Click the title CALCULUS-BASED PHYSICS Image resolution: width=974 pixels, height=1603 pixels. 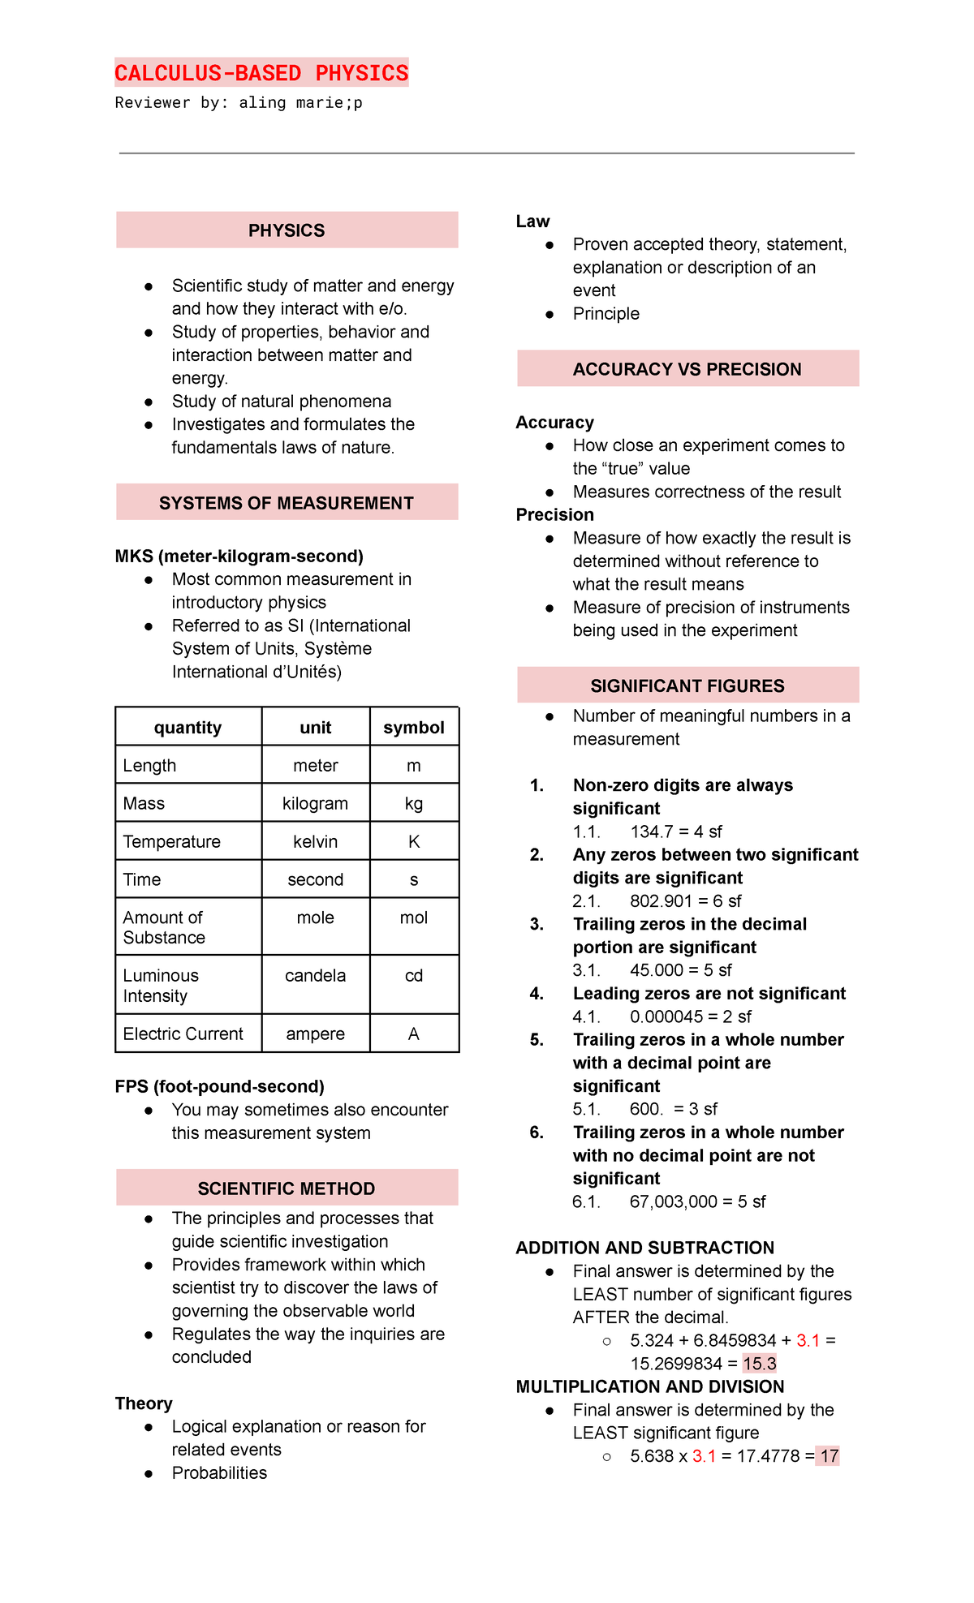click(x=261, y=73)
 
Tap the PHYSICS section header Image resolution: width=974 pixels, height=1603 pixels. click(x=287, y=230)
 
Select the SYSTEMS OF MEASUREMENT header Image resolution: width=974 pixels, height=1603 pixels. click(x=287, y=503)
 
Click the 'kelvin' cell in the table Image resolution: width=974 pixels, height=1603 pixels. click(x=315, y=841)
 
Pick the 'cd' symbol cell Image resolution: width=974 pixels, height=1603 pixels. click(x=414, y=975)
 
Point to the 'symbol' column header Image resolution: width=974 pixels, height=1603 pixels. click(x=414, y=727)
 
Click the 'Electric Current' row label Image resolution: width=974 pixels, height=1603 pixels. click(x=183, y=1034)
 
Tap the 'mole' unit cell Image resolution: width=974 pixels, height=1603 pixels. click(x=315, y=918)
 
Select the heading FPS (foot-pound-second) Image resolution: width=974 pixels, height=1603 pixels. click(x=220, y=1086)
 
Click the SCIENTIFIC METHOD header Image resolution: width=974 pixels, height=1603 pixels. click(x=287, y=1188)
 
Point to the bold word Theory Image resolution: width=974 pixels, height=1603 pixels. click(x=144, y=1403)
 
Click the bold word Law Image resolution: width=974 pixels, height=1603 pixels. click(x=532, y=221)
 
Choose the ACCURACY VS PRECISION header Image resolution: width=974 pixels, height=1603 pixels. click(x=687, y=369)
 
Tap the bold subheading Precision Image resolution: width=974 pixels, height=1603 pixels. click(x=555, y=515)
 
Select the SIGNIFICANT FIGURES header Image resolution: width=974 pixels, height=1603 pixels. click(x=687, y=685)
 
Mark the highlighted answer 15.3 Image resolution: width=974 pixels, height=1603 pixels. click(x=760, y=1364)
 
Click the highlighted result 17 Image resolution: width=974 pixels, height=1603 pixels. click(x=829, y=1456)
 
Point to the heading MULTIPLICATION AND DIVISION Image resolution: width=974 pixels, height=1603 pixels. click(x=650, y=1386)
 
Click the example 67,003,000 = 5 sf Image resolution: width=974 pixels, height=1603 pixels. click(x=697, y=1201)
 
